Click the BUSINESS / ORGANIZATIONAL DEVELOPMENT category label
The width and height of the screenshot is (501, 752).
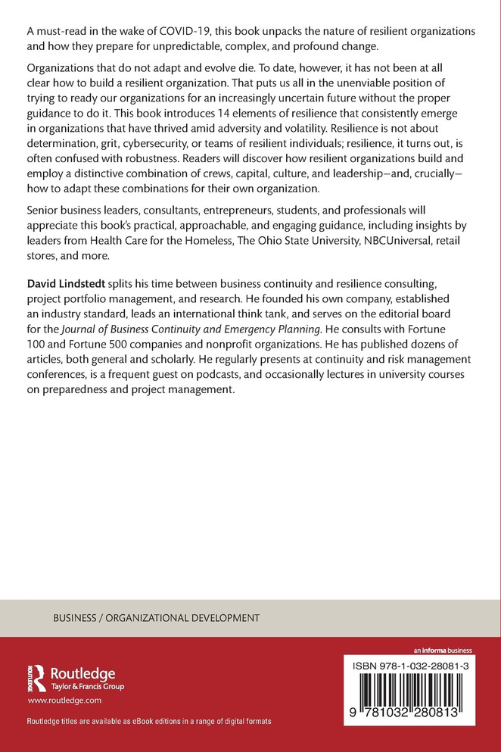[156, 618]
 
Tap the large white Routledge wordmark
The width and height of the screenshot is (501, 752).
[82, 672]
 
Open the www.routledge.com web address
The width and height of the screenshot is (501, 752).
[59, 701]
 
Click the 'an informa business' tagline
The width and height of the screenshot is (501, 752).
[443, 650]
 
